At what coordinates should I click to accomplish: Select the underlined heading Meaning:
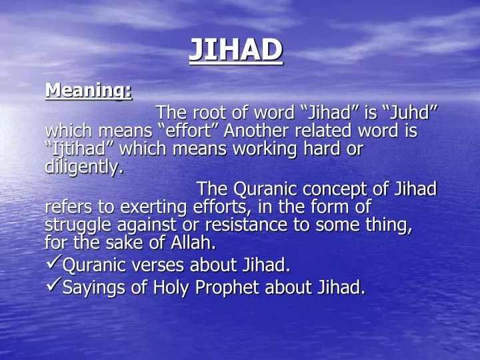point(88,90)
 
